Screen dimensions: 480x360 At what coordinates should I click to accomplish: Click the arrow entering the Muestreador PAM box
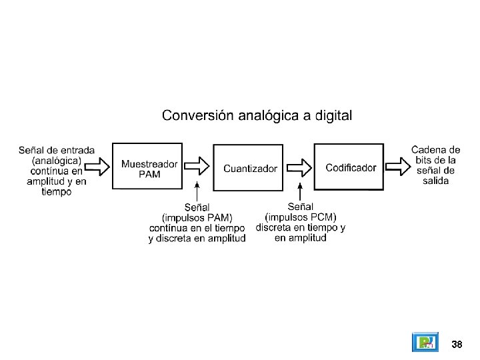pyautogui.click(x=97, y=167)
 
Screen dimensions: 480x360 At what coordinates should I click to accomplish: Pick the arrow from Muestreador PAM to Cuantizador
pyautogui.click(x=197, y=166)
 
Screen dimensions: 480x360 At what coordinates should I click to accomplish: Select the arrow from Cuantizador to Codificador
pyautogui.click(x=299, y=168)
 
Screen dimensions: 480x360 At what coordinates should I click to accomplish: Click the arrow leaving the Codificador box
pyautogui.click(x=398, y=167)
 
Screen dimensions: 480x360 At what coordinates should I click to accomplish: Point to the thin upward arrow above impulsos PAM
pyautogui.click(x=197, y=191)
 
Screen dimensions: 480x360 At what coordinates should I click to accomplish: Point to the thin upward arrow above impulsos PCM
pyautogui.click(x=300, y=191)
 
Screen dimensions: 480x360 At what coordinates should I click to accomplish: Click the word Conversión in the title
pyautogui.click(x=198, y=115)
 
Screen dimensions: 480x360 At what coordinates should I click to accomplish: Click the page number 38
pyautogui.click(x=457, y=344)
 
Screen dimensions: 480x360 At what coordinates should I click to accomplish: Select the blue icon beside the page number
pyautogui.click(x=425, y=342)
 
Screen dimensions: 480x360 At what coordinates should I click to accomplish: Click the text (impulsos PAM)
pyautogui.click(x=197, y=217)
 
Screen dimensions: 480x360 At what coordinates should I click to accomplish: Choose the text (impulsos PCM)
pyautogui.click(x=301, y=217)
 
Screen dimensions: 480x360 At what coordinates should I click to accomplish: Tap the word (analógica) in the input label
pyautogui.click(x=57, y=161)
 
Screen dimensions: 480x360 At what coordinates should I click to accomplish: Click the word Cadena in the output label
pyautogui.click(x=425, y=150)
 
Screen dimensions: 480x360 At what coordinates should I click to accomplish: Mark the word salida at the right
pyautogui.click(x=435, y=181)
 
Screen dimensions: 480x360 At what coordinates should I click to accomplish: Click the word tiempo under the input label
pyautogui.click(x=57, y=192)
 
